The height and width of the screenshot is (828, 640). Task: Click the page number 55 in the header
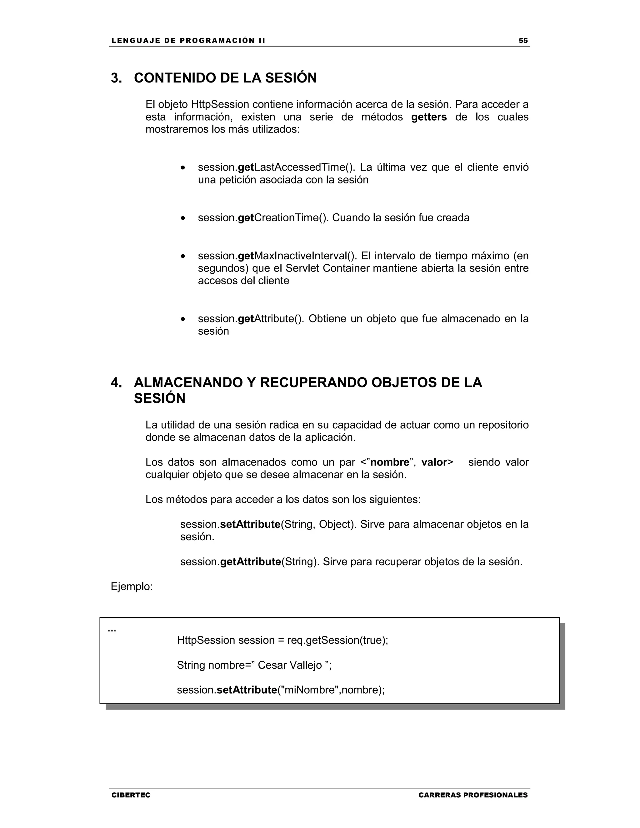coord(523,41)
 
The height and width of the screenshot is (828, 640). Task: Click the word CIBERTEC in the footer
coord(131,795)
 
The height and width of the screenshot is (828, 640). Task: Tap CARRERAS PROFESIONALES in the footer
coord(473,795)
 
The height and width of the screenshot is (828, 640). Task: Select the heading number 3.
coord(116,78)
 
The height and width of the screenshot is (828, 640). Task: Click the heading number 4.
coord(116,382)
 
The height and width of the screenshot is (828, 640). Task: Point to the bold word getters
coord(429,117)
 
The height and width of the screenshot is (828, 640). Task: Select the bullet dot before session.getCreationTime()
coord(183,218)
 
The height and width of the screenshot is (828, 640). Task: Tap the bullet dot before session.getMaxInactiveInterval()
coord(183,257)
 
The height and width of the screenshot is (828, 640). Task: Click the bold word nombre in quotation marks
coord(389,462)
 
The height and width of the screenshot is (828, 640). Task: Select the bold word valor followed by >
coord(434,462)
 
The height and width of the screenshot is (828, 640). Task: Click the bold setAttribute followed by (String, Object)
coord(250,524)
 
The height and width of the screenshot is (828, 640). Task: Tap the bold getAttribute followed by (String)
coord(250,562)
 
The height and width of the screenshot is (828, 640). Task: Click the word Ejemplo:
coord(132,587)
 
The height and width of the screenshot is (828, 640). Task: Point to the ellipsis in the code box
coord(112,631)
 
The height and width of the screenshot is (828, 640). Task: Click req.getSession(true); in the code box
coord(337,640)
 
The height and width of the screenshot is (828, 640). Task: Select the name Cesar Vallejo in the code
coord(290,665)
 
